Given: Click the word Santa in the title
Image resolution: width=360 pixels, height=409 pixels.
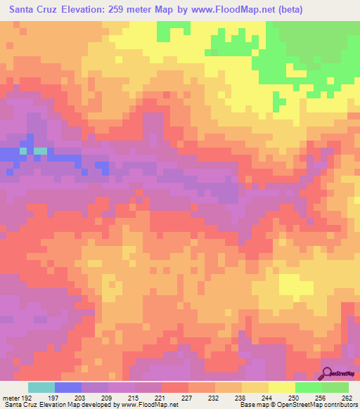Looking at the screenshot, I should click(22, 10).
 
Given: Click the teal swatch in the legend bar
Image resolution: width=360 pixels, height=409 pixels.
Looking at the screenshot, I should click(41, 387).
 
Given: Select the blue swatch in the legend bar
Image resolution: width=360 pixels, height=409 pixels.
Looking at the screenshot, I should click(68, 387).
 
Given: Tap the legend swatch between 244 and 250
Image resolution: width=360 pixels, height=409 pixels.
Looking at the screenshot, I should click(282, 387).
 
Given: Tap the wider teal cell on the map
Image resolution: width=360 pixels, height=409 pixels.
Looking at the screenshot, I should click(41, 150).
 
